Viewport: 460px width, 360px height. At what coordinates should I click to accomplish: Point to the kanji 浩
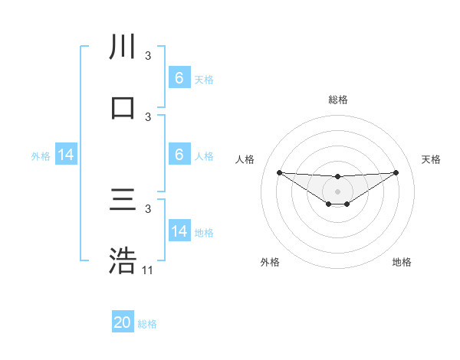tap(123, 261)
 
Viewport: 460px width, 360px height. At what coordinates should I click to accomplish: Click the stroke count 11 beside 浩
tap(148, 270)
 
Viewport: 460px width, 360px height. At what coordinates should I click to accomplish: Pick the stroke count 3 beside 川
tap(148, 56)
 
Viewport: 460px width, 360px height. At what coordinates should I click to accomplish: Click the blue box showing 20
tap(123, 323)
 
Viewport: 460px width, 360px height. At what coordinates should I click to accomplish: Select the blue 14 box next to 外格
tap(66, 155)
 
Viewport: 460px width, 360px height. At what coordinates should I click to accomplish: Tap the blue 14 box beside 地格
tap(179, 232)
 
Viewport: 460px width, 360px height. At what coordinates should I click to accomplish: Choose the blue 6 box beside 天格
tap(179, 78)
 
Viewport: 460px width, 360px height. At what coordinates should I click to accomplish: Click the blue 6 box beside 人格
tap(179, 155)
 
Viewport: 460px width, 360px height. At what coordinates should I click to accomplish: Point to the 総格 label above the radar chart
tap(337, 100)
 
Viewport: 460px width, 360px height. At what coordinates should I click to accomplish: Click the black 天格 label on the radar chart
tap(431, 159)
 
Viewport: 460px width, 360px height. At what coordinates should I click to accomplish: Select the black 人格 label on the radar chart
tap(245, 159)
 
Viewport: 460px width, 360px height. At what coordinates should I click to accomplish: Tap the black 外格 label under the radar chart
tap(270, 262)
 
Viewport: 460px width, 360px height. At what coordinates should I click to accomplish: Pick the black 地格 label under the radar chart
tap(402, 262)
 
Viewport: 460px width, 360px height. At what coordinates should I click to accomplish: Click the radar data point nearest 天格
tap(396, 172)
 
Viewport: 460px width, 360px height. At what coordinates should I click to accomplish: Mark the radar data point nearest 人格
tap(279, 172)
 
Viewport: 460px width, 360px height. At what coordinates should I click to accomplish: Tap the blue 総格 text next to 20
tap(147, 324)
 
